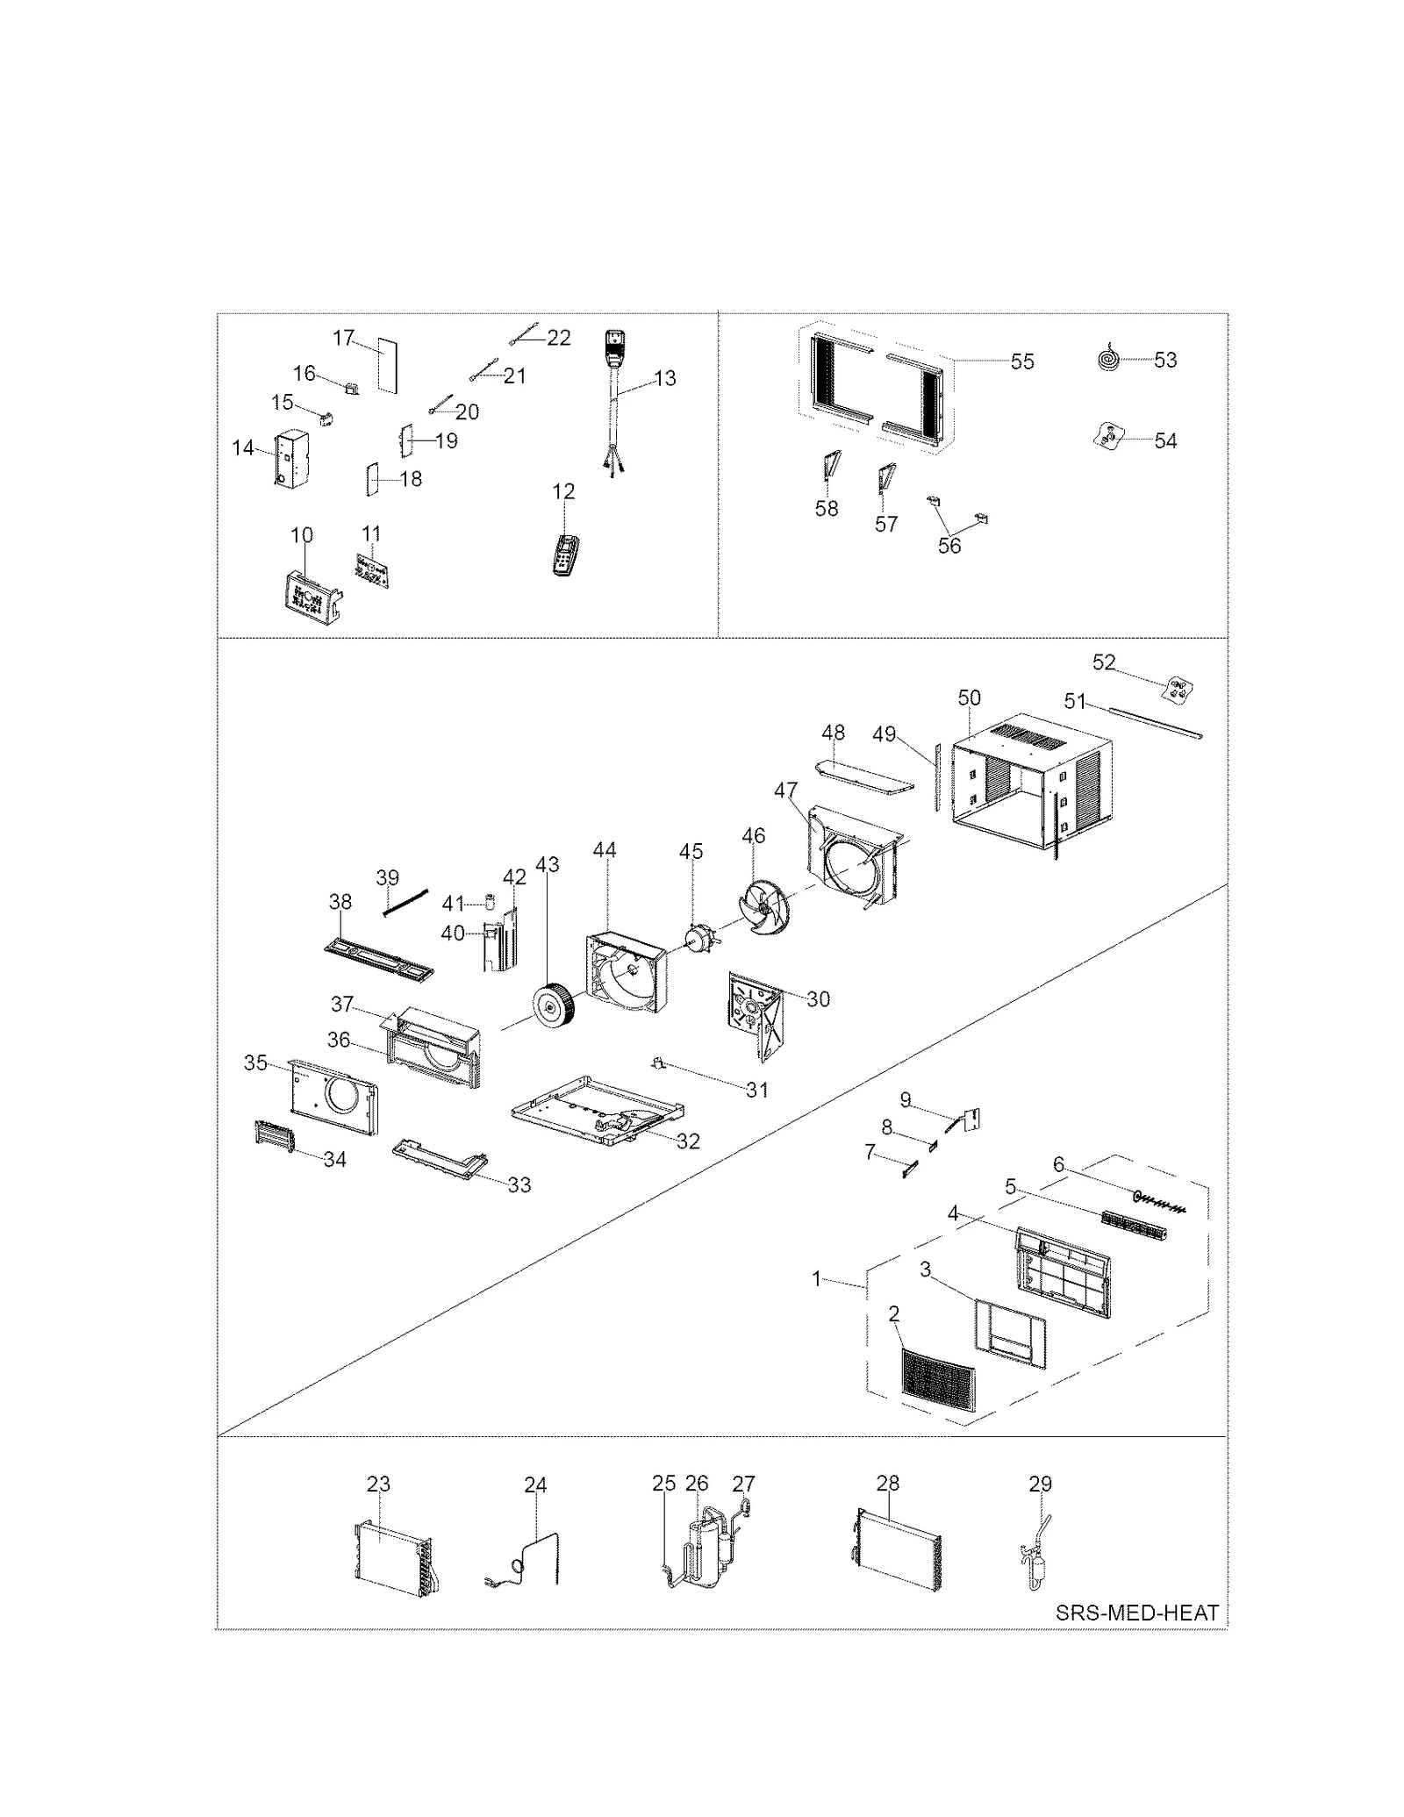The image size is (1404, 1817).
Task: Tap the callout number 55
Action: [1022, 361]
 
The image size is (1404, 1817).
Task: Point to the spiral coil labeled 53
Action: [1109, 359]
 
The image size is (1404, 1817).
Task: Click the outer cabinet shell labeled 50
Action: [1027, 785]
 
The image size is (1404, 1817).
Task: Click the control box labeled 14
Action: [288, 457]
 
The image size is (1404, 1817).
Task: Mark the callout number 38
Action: [340, 901]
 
